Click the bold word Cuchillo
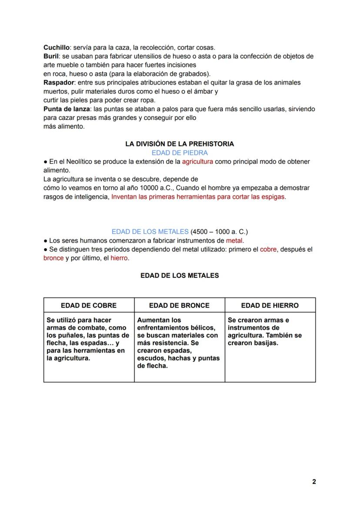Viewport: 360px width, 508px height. (x=57, y=47)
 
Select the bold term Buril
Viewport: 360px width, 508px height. (x=50, y=56)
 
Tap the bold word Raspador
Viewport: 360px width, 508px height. (x=59, y=83)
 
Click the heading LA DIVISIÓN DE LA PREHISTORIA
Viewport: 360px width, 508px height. (x=180, y=144)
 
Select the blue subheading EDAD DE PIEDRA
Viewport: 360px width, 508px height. (x=180, y=153)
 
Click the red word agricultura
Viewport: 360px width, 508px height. (x=197, y=162)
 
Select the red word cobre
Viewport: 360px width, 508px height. (x=268, y=249)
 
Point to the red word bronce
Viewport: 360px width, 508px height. (x=53, y=258)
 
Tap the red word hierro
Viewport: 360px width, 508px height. (x=119, y=258)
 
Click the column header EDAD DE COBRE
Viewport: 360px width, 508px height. (x=89, y=305)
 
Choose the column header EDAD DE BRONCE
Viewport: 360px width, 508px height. (x=179, y=305)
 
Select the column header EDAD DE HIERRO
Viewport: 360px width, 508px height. (x=270, y=305)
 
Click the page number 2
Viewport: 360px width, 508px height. (x=314, y=482)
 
